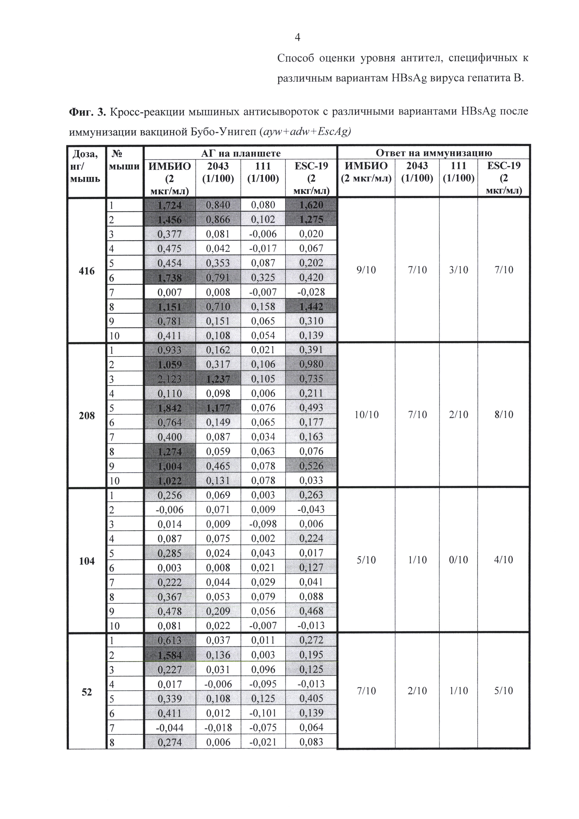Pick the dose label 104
(x=87, y=561)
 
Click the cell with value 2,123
(x=170, y=379)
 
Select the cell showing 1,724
(x=170, y=205)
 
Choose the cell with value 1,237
(x=218, y=379)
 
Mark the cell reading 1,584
(x=170, y=655)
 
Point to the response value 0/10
(x=459, y=560)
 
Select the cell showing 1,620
(x=311, y=205)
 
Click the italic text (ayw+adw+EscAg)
(x=306, y=132)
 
